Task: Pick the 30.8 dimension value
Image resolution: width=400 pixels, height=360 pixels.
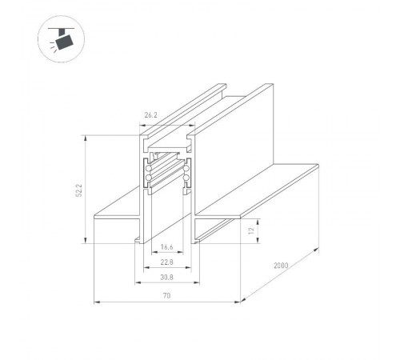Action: (166, 277)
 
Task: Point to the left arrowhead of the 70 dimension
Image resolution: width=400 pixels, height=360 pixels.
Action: (98, 302)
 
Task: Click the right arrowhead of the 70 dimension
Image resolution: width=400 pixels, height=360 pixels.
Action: (239, 302)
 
